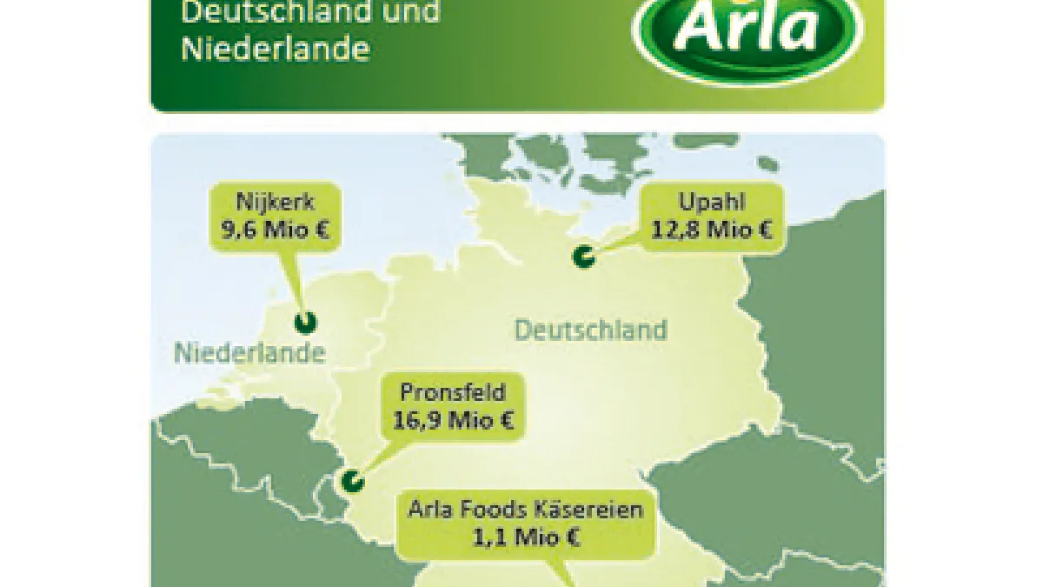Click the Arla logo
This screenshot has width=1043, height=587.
[x=747, y=36]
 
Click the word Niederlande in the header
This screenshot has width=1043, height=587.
[x=275, y=49]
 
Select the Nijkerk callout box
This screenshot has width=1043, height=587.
[x=275, y=217]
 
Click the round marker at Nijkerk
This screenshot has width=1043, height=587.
[x=305, y=323]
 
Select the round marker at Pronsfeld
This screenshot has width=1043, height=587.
[x=351, y=480]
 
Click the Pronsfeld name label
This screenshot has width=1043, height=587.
[x=453, y=393]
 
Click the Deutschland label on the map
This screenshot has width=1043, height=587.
[x=591, y=330]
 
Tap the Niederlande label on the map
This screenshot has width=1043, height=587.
[x=249, y=353]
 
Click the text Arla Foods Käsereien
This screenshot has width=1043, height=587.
[x=526, y=509]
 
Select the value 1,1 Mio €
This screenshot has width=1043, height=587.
[x=526, y=537]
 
